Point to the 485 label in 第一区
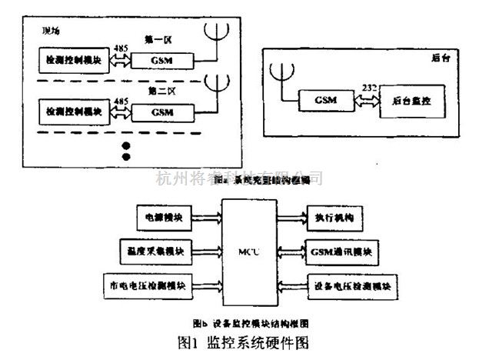click(118, 46)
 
